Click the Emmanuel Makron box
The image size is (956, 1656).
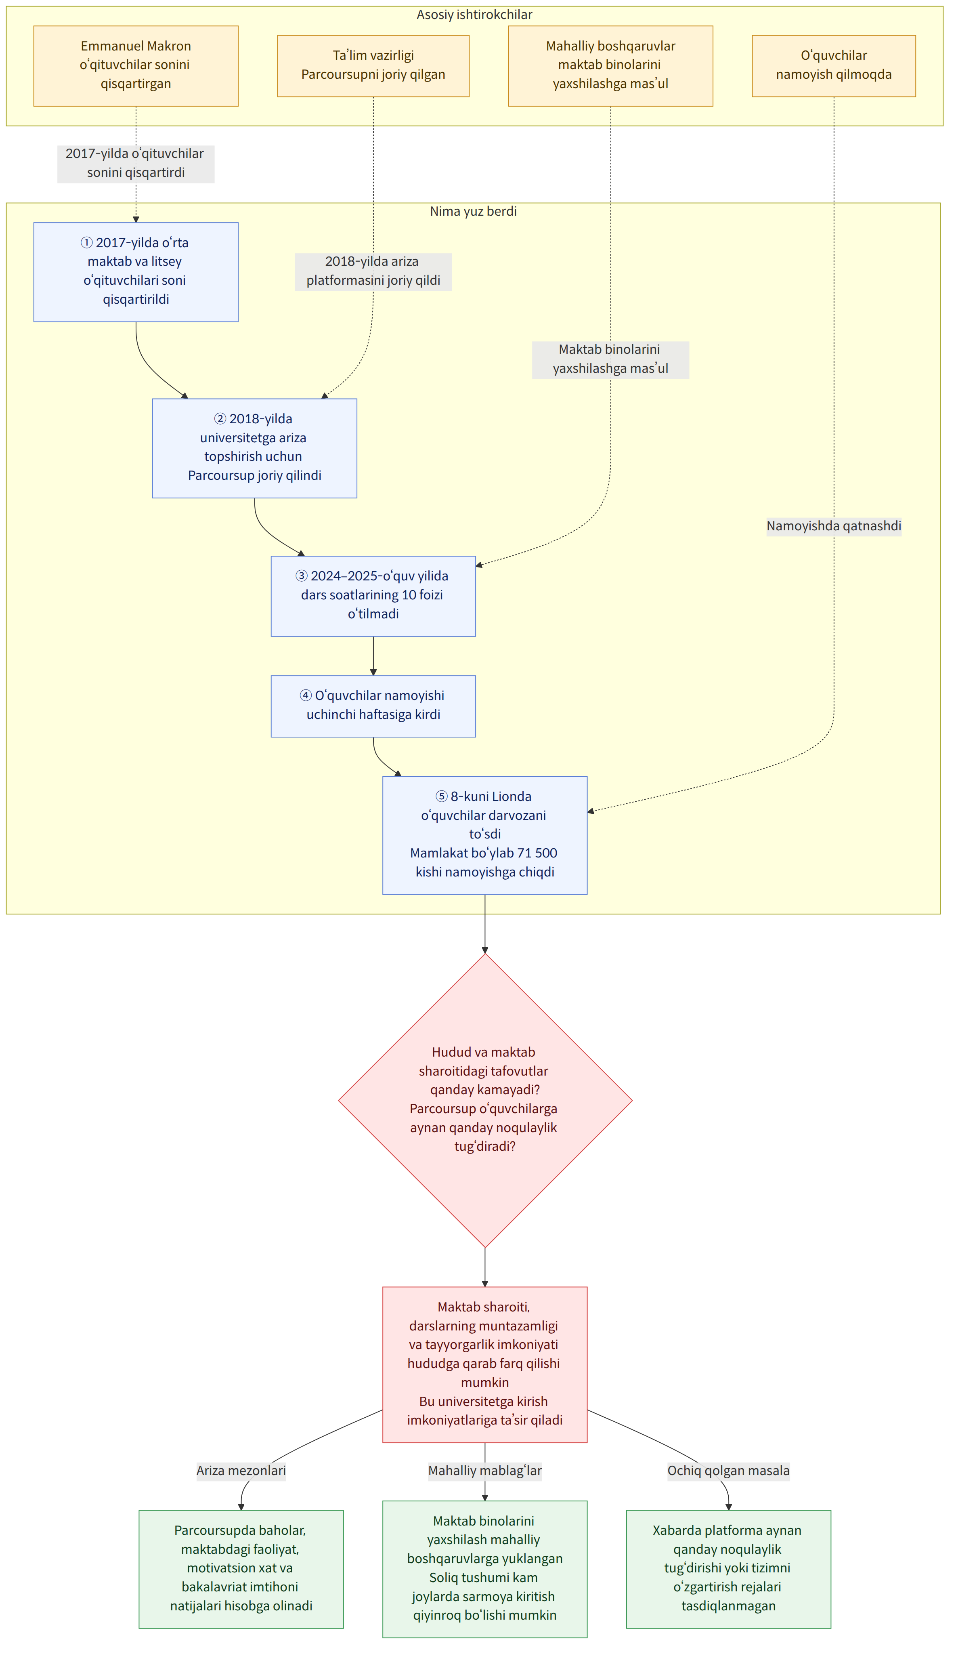(136, 66)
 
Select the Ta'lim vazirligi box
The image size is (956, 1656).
(373, 66)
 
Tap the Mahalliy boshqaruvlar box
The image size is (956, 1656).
(611, 66)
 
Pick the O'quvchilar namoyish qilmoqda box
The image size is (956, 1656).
(834, 66)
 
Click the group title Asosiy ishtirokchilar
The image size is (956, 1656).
(474, 15)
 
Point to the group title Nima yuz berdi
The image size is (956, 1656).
(474, 211)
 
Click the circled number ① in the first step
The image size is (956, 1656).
(87, 242)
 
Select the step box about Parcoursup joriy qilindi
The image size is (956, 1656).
(255, 448)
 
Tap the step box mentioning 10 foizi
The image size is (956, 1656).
(373, 596)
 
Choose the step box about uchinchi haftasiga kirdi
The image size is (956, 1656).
(373, 706)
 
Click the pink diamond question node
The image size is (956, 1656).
(485, 1100)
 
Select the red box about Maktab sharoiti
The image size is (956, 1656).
(485, 1364)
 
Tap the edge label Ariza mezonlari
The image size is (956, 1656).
(241, 1470)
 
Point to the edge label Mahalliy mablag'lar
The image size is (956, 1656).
(485, 1470)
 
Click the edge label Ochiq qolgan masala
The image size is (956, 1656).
(729, 1470)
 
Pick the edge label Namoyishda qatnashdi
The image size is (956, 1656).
(834, 525)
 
